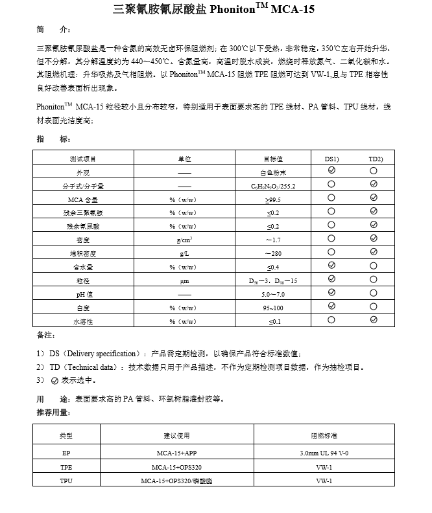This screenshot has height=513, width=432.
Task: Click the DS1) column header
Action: (x=331, y=159)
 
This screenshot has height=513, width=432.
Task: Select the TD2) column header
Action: (x=376, y=159)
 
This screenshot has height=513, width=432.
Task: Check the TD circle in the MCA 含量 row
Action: (x=374, y=199)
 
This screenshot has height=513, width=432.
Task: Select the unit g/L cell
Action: (x=184, y=253)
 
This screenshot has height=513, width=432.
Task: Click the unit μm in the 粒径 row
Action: (x=184, y=280)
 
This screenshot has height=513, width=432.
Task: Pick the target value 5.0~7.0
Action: (x=273, y=294)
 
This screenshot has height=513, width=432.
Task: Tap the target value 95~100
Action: (x=273, y=308)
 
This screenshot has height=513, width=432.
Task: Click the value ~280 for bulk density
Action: (x=273, y=253)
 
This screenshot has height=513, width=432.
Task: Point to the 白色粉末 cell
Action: (x=273, y=172)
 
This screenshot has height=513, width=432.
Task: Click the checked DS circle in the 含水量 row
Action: (x=331, y=266)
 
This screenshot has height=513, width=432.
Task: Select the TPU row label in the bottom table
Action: (x=66, y=481)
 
